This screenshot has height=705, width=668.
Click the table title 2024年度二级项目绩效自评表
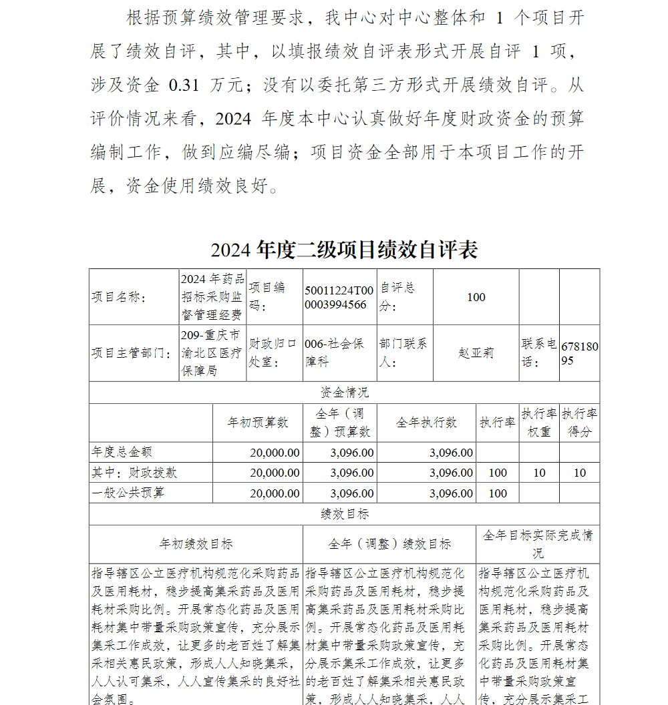pos(344,250)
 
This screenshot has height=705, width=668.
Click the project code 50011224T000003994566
pos(339,297)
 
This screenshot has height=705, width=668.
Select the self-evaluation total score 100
pos(476,297)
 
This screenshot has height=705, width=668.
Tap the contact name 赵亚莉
pos(476,353)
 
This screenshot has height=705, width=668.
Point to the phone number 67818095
pos(579,353)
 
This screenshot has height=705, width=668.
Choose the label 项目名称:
pos(119,298)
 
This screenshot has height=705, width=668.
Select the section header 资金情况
pos(344,393)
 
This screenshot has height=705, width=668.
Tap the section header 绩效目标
pos(344,514)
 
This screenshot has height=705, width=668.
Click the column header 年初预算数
pos(257,423)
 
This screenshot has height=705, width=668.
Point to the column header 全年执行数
pos(426,423)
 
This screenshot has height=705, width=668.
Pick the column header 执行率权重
pos(539,423)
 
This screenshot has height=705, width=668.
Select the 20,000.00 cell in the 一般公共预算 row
pos(275,493)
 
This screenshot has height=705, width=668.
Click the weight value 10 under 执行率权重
pos(539,473)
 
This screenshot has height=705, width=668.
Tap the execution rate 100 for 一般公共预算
pos(498,493)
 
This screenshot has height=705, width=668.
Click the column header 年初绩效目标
pos(196,544)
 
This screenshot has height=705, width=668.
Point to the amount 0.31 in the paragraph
pos(184,85)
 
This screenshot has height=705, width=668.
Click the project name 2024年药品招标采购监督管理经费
pos(212,297)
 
